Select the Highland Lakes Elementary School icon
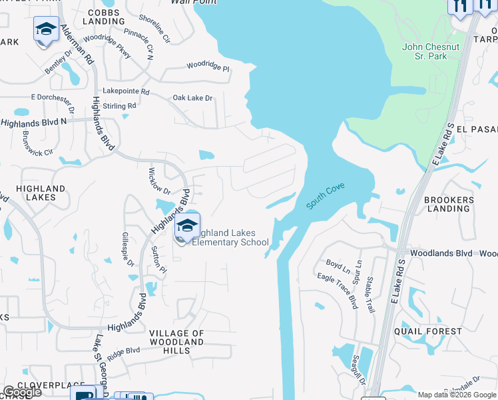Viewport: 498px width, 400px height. pos(188,227)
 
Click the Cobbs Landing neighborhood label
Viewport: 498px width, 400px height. pos(105,17)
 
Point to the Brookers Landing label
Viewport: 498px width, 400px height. pos(449,204)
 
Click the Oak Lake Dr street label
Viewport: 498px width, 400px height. pos(192,98)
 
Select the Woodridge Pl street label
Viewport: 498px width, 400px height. pos(208,67)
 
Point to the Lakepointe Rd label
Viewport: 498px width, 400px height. pos(126,91)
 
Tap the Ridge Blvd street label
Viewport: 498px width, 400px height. pos(123,353)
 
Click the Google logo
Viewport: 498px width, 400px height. pos(21,392)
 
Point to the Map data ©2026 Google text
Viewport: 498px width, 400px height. pos(457,395)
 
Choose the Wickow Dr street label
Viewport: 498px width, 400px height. pos(159,181)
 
